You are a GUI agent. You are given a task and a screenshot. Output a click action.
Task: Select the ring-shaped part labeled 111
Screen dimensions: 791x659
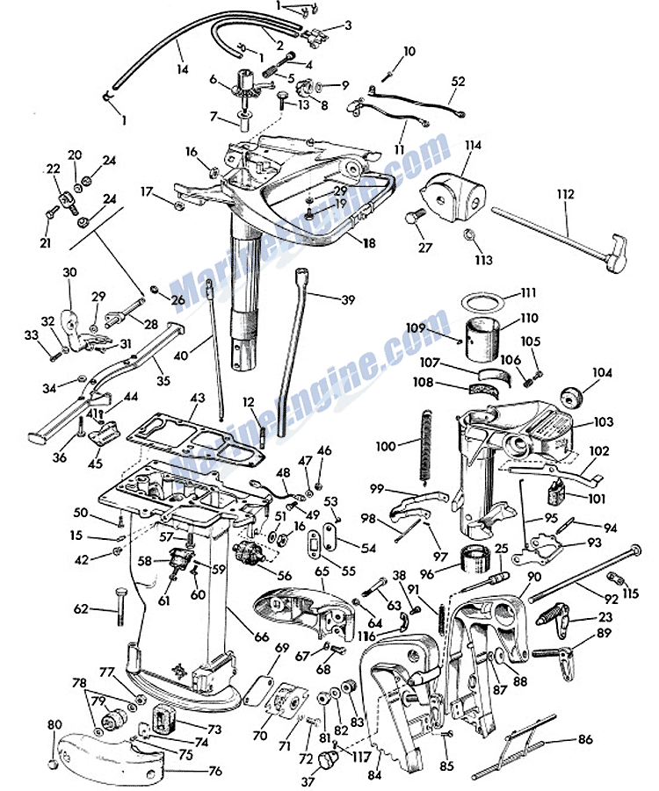483,302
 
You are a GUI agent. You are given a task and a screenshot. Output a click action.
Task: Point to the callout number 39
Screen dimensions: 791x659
348,299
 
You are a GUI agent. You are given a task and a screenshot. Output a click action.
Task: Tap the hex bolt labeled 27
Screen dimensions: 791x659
416,218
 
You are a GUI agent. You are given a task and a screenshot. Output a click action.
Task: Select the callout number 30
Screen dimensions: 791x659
70,271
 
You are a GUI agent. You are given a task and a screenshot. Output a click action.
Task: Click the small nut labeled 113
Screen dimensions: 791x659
471,236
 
